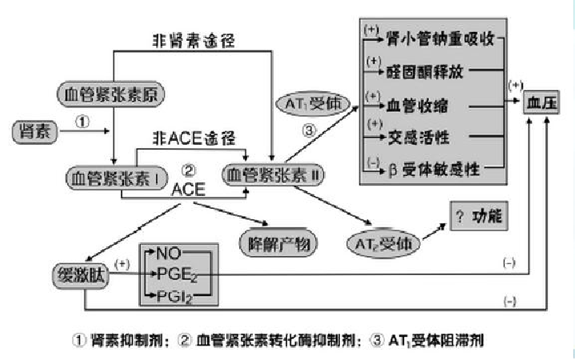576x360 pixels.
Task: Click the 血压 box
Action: point(542,103)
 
